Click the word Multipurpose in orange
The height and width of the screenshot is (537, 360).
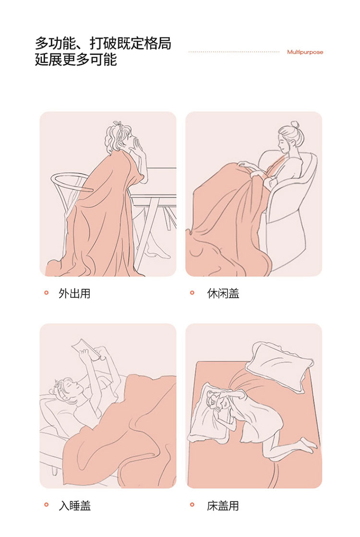click(305, 52)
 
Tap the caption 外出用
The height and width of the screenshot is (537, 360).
click(74, 294)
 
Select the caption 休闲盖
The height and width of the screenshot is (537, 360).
click(223, 294)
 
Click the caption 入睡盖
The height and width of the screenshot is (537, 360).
click(74, 505)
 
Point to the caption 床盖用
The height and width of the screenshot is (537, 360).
click(223, 505)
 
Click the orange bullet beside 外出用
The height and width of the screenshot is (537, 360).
click(47, 292)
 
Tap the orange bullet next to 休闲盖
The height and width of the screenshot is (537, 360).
click(192, 292)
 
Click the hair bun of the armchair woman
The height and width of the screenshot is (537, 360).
click(295, 124)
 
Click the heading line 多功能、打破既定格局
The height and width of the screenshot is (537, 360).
click(103, 44)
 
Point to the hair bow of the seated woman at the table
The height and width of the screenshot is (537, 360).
click(118, 124)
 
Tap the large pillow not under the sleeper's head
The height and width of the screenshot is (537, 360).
click(280, 366)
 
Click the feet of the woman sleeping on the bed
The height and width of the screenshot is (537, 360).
click(308, 444)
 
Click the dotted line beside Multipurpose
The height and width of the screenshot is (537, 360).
click(234, 52)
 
